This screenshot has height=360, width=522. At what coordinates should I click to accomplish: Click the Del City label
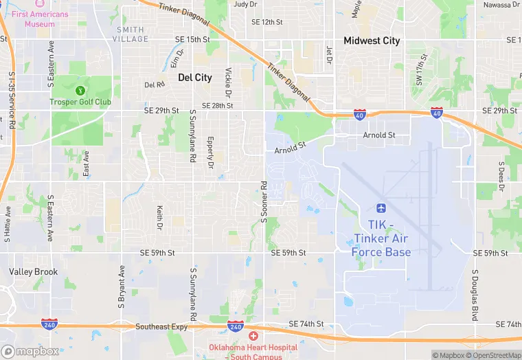(194, 78)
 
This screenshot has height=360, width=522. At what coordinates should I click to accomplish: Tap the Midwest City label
(372, 41)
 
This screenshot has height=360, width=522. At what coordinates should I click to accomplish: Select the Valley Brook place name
(33, 272)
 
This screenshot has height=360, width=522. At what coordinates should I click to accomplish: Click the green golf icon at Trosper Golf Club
(80, 90)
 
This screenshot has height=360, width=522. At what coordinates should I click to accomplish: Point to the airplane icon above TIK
(381, 208)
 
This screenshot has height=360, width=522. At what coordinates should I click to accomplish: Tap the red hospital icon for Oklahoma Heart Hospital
(253, 336)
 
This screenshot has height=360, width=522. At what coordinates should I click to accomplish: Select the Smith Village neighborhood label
(131, 34)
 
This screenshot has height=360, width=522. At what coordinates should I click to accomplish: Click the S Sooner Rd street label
(263, 202)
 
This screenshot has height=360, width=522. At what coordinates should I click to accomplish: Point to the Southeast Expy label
(161, 327)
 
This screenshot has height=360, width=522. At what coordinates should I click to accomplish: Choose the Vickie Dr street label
(228, 81)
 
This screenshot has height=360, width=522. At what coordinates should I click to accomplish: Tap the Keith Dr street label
(159, 218)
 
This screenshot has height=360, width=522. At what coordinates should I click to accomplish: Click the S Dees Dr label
(501, 178)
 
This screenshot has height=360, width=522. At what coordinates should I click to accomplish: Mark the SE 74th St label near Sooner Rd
(306, 324)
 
